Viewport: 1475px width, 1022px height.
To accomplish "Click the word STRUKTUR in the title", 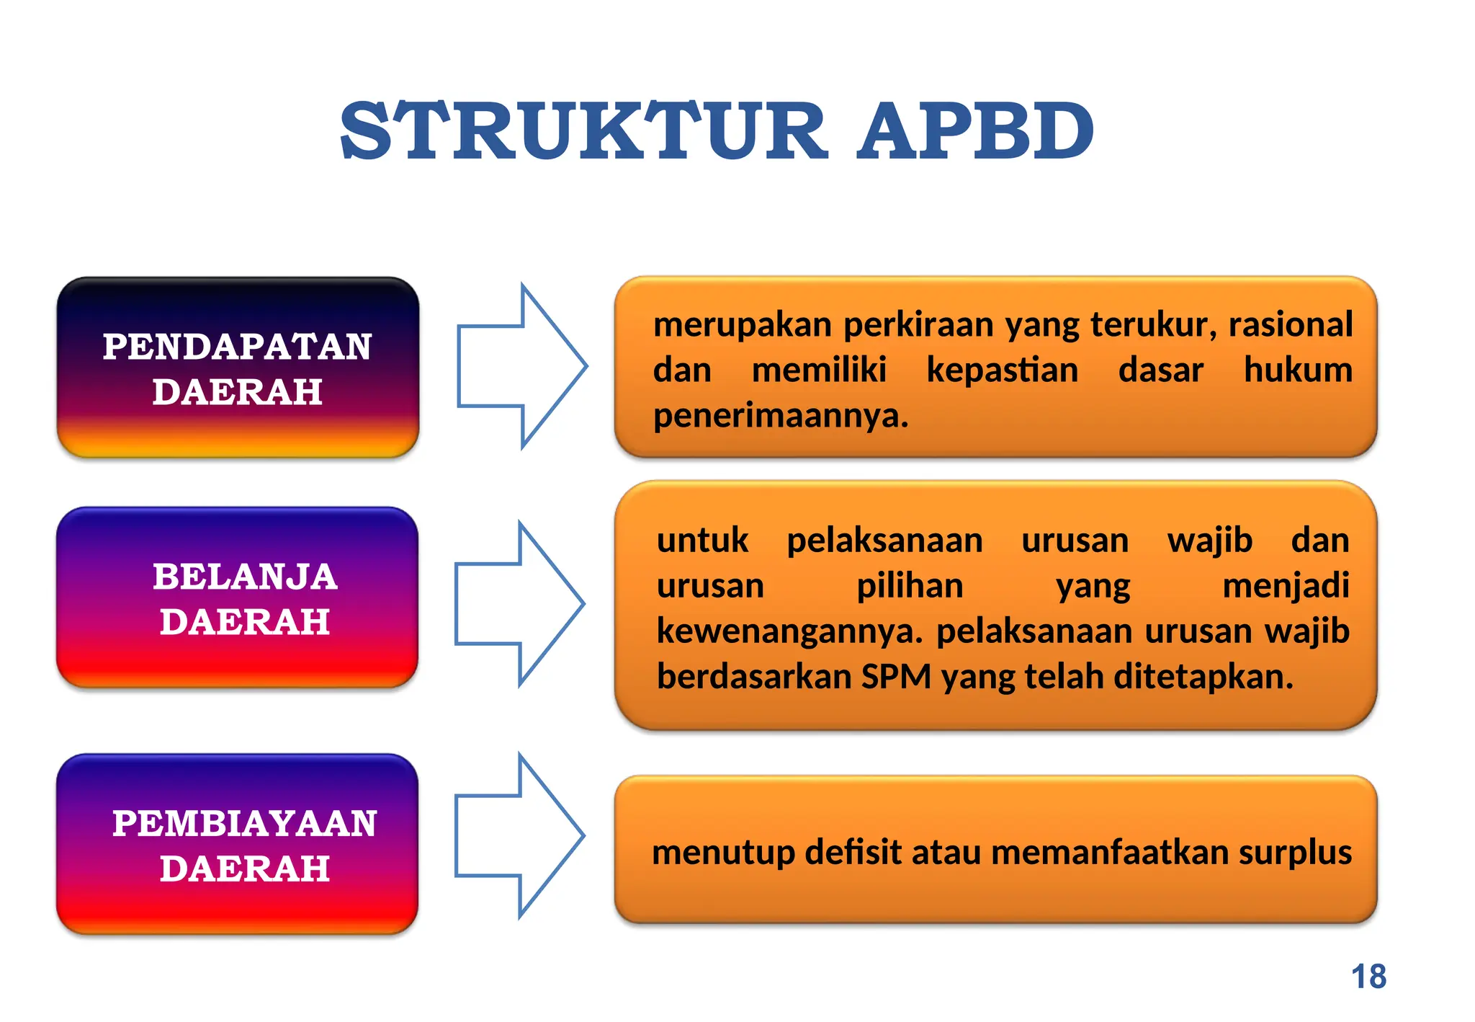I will [x=583, y=132].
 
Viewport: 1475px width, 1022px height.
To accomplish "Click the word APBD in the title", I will [x=976, y=132].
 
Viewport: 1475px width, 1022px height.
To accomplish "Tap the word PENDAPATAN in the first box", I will [x=237, y=347].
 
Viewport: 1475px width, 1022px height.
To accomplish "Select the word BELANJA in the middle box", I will [x=245, y=577].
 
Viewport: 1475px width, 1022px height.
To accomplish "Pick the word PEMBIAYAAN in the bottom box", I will [x=244, y=823].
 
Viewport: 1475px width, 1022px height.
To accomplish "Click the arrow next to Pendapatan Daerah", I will [x=522, y=366].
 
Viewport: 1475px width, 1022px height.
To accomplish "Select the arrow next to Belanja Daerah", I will [x=519, y=603].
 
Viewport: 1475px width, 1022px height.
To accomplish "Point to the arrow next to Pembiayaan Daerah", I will [x=519, y=836].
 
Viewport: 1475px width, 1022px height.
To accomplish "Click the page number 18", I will [x=1368, y=977].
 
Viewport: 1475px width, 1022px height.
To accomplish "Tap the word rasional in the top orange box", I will [x=1291, y=324].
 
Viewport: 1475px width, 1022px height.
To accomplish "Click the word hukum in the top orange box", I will [x=1298, y=370].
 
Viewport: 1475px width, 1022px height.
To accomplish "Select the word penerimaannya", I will [x=781, y=416].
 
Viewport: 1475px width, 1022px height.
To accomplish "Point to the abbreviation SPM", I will [x=896, y=677].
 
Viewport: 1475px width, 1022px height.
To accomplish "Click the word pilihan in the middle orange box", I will [x=910, y=586].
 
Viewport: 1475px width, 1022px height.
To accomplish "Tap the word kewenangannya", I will [x=789, y=631].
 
